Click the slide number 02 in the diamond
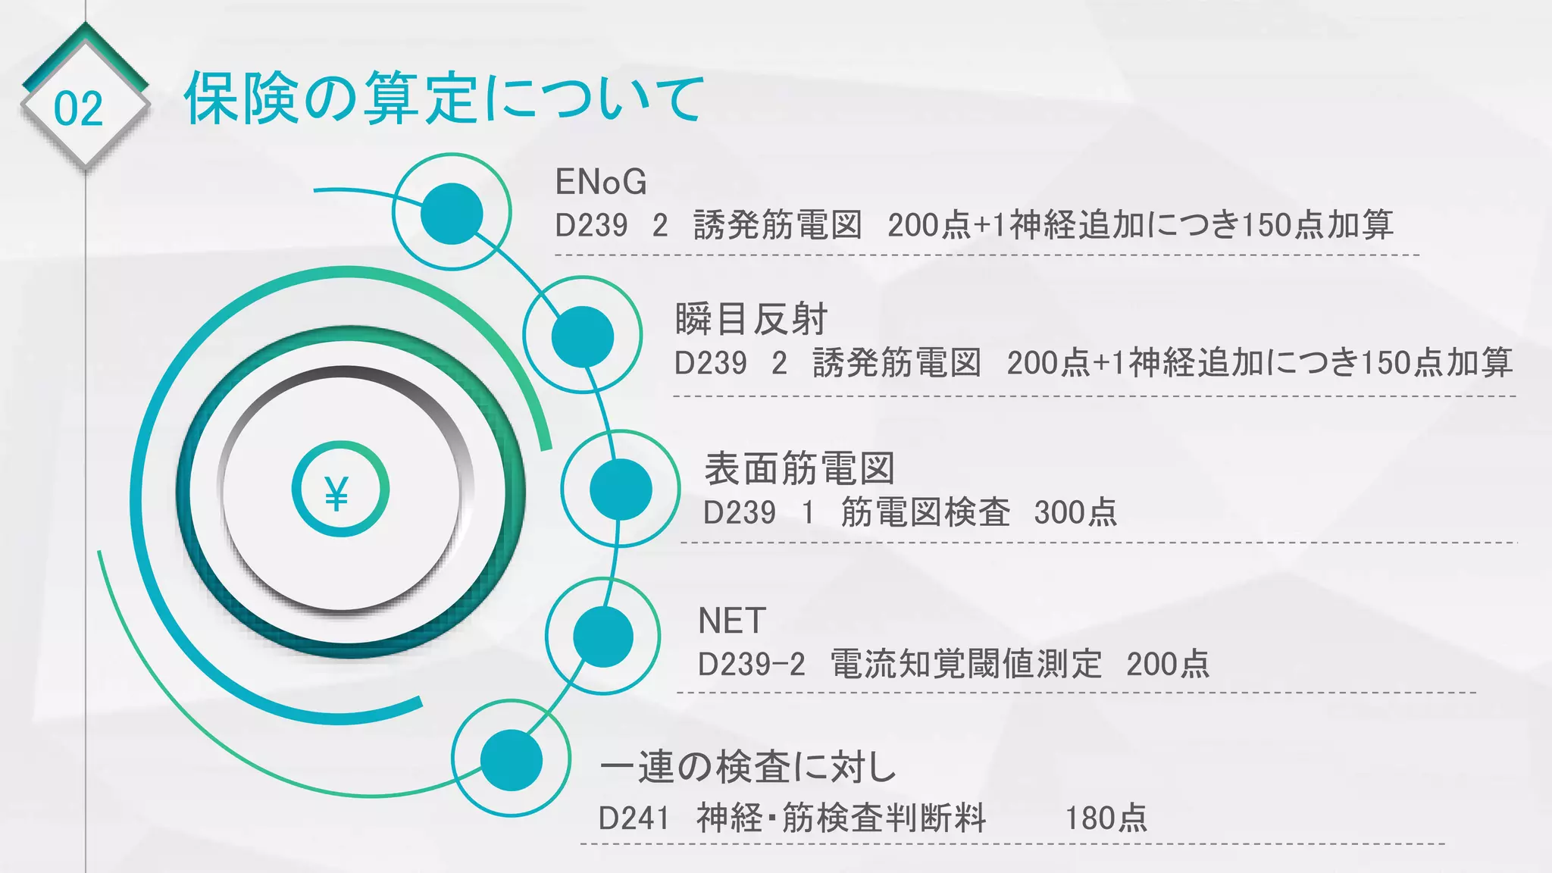(x=78, y=108)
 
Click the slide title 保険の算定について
(x=443, y=99)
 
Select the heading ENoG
(x=601, y=182)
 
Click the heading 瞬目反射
(x=750, y=319)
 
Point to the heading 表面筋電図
(x=799, y=468)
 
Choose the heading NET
(x=731, y=621)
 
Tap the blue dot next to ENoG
(x=452, y=214)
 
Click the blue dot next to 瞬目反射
(x=582, y=336)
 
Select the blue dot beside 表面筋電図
(x=621, y=490)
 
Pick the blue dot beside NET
(x=603, y=637)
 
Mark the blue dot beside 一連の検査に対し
(x=512, y=760)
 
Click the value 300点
(x=1075, y=513)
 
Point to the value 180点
(x=1106, y=818)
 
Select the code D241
(x=634, y=818)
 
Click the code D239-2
(x=751, y=665)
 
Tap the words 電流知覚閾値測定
(x=965, y=665)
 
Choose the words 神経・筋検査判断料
(x=841, y=818)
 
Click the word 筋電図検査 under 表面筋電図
(x=925, y=513)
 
